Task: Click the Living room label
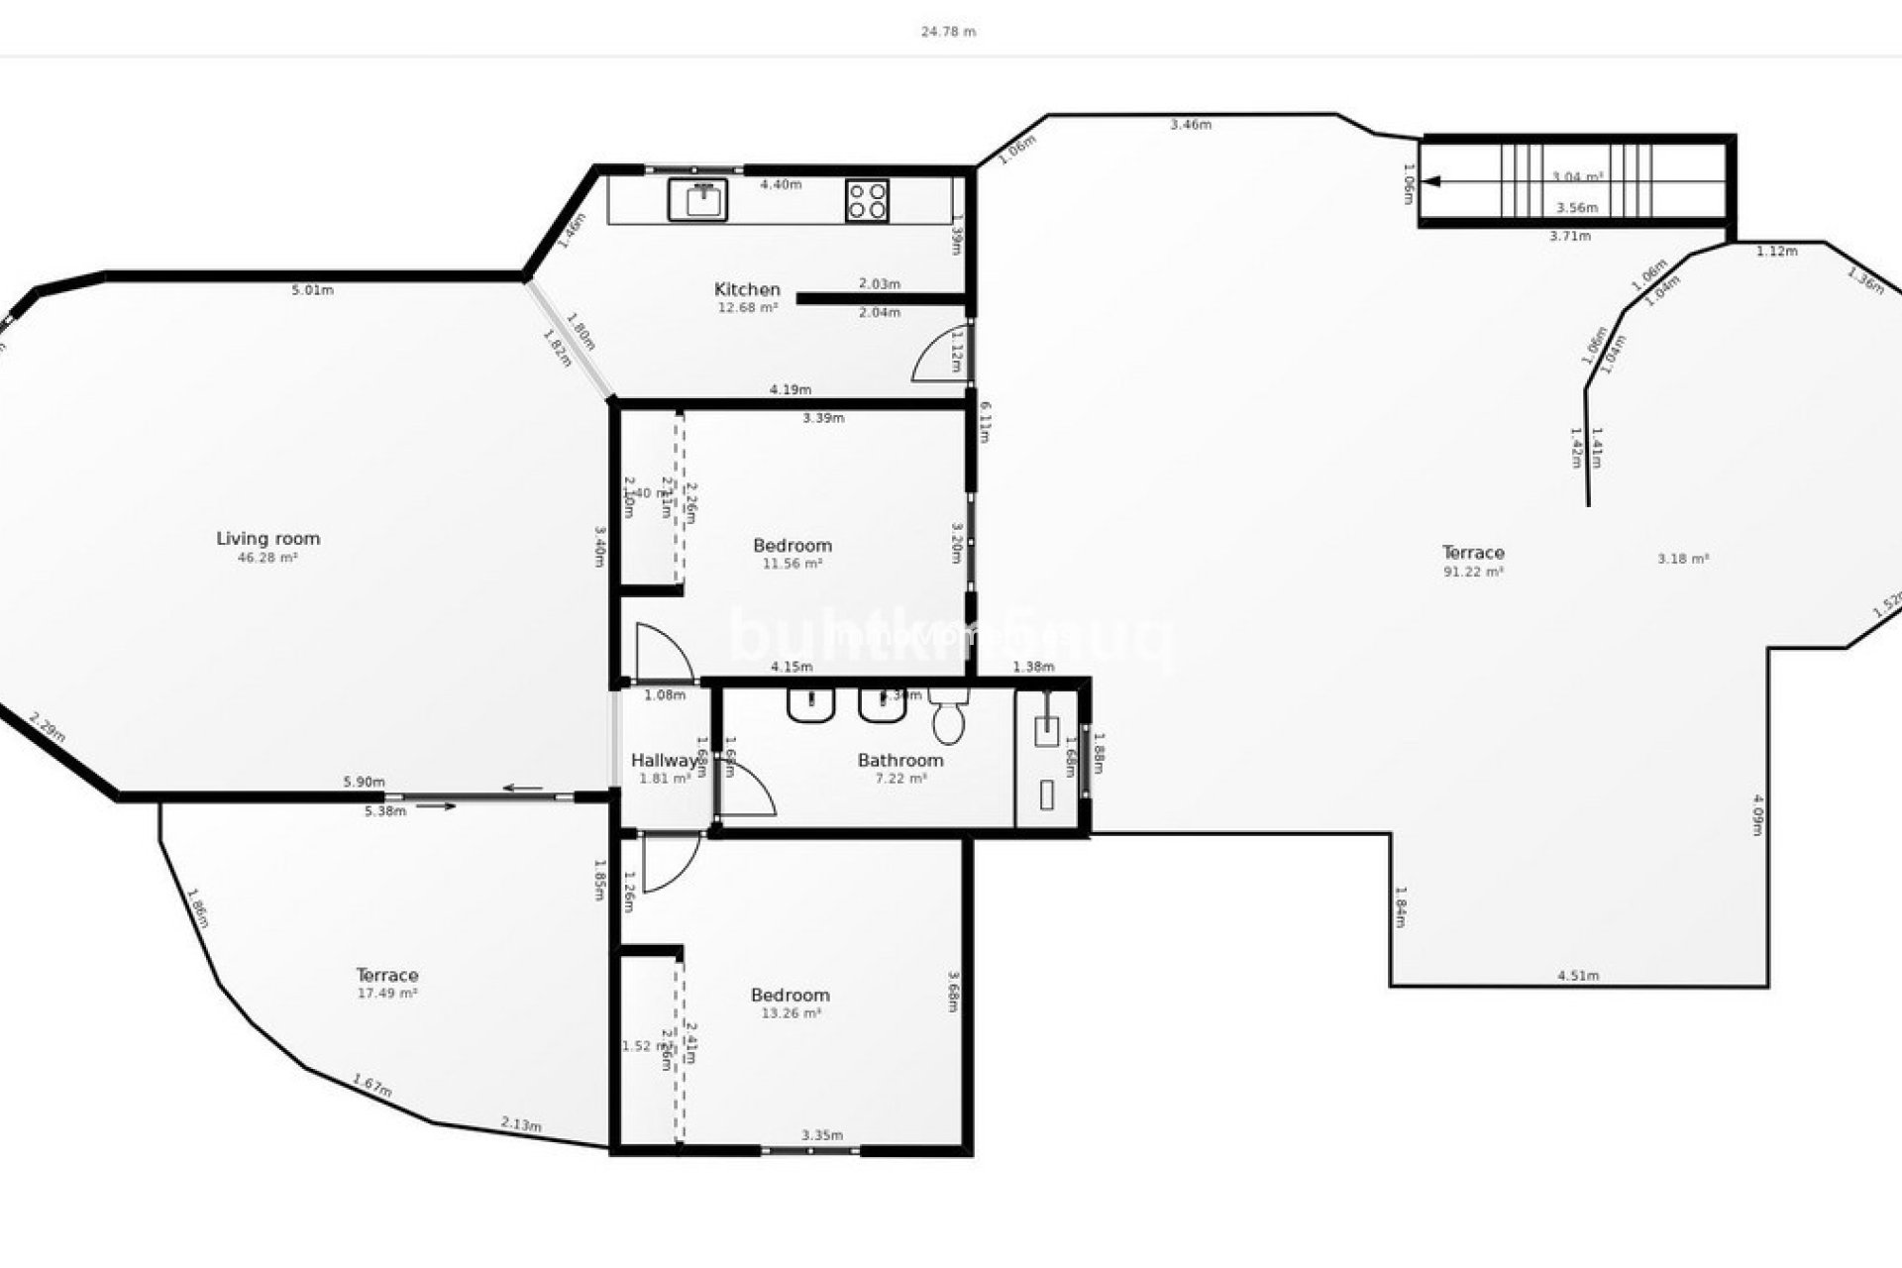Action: point(268,539)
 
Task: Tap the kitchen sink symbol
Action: point(697,199)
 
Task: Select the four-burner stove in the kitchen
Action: point(867,200)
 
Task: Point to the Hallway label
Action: point(664,761)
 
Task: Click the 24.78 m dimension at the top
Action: point(948,32)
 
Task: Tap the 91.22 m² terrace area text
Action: point(1473,572)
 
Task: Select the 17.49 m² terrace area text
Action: point(386,993)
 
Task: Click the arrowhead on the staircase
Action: point(1432,182)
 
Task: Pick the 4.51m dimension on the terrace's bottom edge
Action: point(1578,976)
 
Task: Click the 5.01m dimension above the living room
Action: point(312,290)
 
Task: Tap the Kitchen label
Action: point(747,289)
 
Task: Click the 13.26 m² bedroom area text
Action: point(791,1013)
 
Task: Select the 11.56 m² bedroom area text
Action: point(792,564)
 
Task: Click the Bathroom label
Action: point(899,761)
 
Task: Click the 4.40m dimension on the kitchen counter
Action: point(781,184)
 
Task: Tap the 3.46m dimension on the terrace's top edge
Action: point(1190,125)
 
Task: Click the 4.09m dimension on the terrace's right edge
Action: point(1757,814)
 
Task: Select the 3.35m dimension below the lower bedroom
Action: point(822,1135)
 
